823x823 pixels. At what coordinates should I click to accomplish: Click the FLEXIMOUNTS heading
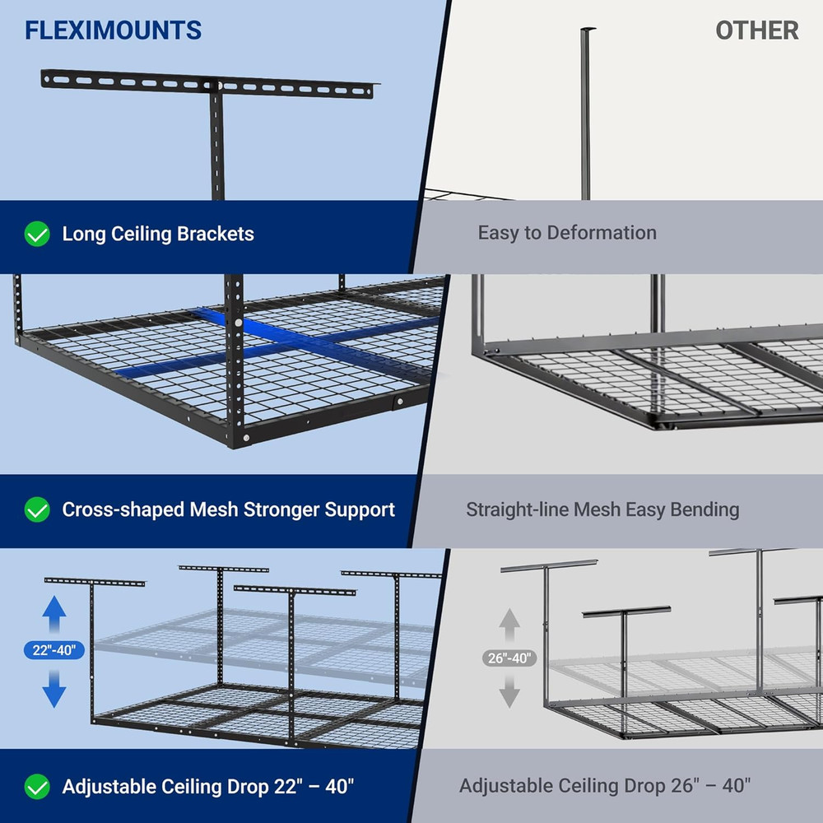113,31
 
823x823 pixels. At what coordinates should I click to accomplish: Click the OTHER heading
756,31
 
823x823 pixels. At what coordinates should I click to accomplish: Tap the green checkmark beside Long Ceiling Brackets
37,235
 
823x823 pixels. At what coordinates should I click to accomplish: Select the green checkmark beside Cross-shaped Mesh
37,510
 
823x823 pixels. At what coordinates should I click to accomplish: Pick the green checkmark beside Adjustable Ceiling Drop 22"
37,786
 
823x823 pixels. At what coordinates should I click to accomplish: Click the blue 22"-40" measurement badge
54,650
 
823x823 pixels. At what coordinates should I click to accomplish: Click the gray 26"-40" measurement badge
509,658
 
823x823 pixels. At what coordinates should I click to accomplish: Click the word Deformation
601,233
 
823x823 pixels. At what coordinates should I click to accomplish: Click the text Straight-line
517,509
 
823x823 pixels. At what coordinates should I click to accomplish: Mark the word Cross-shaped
123,510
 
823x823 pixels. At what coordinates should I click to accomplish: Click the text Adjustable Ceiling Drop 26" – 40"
605,786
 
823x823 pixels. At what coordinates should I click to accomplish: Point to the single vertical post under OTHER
586,115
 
